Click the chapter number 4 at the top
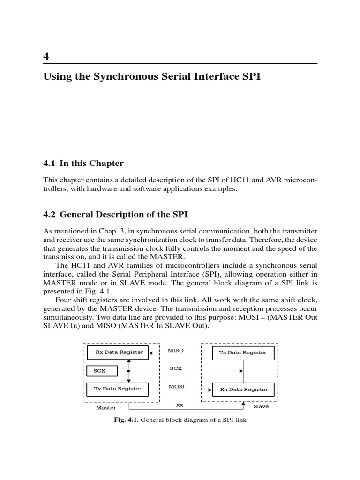(46, 57)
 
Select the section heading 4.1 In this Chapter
(83, 164)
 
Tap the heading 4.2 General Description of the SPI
(115, 215)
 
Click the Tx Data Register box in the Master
(118, 389)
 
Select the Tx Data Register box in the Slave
(243, 352)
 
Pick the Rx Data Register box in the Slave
(243, 389)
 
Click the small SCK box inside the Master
(101, 371)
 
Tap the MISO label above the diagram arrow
(176, 350)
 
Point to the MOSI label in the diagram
(176, 387)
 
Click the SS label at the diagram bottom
(179, 405)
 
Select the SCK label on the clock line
(176, 368)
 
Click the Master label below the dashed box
(106, 408)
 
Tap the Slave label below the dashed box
(261, 406)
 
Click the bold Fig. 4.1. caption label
(126, 420)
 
